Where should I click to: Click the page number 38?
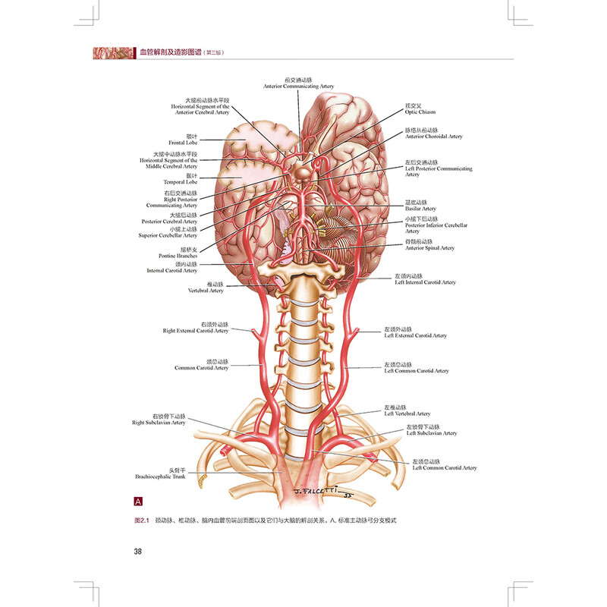click(x=138, y=552)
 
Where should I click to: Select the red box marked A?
click(x=138, y=502)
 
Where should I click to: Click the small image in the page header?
click(x=110, y=53)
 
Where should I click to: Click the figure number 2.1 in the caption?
click(x=140, y=522)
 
